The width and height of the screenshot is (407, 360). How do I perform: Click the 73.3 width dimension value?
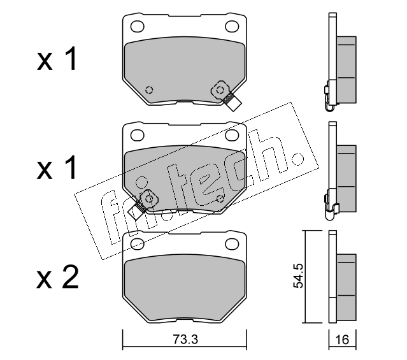pyautogui.click(x=185, y=339)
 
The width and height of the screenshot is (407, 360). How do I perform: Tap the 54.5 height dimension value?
pyautogui.click(x=298, y=276)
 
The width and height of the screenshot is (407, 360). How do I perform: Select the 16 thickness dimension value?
pyautogui.click(x=342, y=340)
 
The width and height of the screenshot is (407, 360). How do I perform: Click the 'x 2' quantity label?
pyautogui.click(x=57, y=277)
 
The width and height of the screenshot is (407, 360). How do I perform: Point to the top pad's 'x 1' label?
pyautogui.click(x=57, y=59)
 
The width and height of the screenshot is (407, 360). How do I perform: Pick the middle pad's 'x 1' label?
pyautogui.click(x=57, y=168)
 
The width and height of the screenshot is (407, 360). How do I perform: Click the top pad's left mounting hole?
pyautogui.click(x=138, y=26)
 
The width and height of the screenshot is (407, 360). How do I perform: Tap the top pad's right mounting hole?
pyautogui.click(x=232, y=26)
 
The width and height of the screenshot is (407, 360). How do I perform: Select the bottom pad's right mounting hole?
pyautogui.click(x=232, y=243)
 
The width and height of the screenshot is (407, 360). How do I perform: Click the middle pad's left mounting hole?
pyautogui.click(x=138, y=135)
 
